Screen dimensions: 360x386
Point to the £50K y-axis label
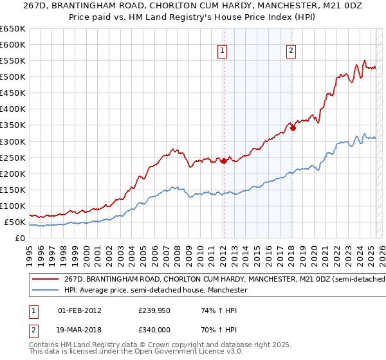click(15, 222)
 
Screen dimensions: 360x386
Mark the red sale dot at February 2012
click(224, 161)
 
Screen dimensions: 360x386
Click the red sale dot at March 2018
click(293, 128)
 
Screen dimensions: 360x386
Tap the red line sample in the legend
click(45, 280)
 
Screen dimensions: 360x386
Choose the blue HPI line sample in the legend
click(45, 291)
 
